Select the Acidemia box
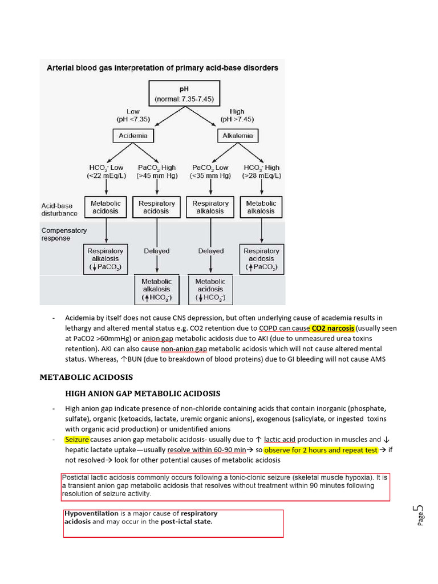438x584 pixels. pyautogui.click(x=132, y=136)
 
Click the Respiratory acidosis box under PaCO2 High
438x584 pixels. pyautogui.click(x=156, y=207)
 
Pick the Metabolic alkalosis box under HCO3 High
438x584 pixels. pyautogui.click(x=261, y=207)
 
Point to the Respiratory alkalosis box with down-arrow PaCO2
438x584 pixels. pyautogui.click(x=105, y=259)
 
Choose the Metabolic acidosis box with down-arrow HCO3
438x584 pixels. pyautogui.click(x=210, y=290)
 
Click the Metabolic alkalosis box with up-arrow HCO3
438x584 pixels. pyautogui.click(x=156, y=290)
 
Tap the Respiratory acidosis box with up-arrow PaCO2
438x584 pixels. pyautogui.click(x=261, y=259)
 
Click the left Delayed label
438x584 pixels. pyautogui.click(x=156, y=251)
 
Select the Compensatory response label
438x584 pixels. pyautogui.click(x=64, y=234)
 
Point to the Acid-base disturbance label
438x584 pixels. pyautogui.click(x=59, y=209)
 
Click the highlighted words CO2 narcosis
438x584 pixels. pyautogui.click(x=332, y=328)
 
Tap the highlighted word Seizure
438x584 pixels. pyautogui.click(x=77, y=440)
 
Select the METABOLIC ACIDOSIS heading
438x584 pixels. pyautogui.click(x=86, y=377)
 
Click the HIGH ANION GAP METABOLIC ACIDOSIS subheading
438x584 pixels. pyautogui.click(x=143, y=394)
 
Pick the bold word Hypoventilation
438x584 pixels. pyautogui.click(x=91, y=513)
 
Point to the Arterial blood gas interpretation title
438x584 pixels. pyautogui.click(x=162, y=68)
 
